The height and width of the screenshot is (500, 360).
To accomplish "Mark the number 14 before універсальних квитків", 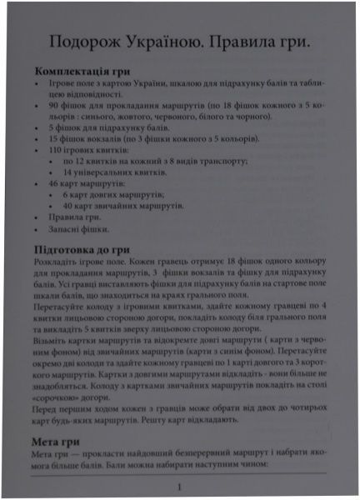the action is pyautogui.click(x=68, y=171).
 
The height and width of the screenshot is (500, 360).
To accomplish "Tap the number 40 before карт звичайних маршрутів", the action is pyautogui.click(x=68, y=204).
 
